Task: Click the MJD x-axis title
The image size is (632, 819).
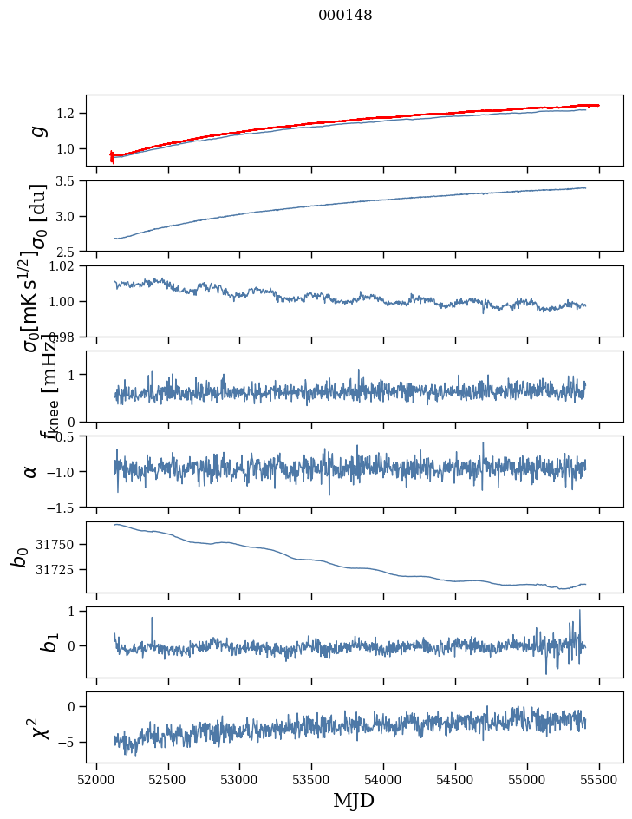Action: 354,801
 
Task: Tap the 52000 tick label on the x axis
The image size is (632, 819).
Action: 96,779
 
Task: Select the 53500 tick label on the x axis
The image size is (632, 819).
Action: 312,779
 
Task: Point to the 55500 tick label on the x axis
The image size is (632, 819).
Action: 600,779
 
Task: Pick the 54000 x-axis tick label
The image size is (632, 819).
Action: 384,779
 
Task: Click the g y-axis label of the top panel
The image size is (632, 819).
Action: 37,130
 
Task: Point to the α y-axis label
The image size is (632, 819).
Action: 30,471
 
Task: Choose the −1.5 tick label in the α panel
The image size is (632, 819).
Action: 61,507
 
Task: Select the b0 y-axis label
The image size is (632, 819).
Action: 20,557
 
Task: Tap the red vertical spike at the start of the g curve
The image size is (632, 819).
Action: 112,156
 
